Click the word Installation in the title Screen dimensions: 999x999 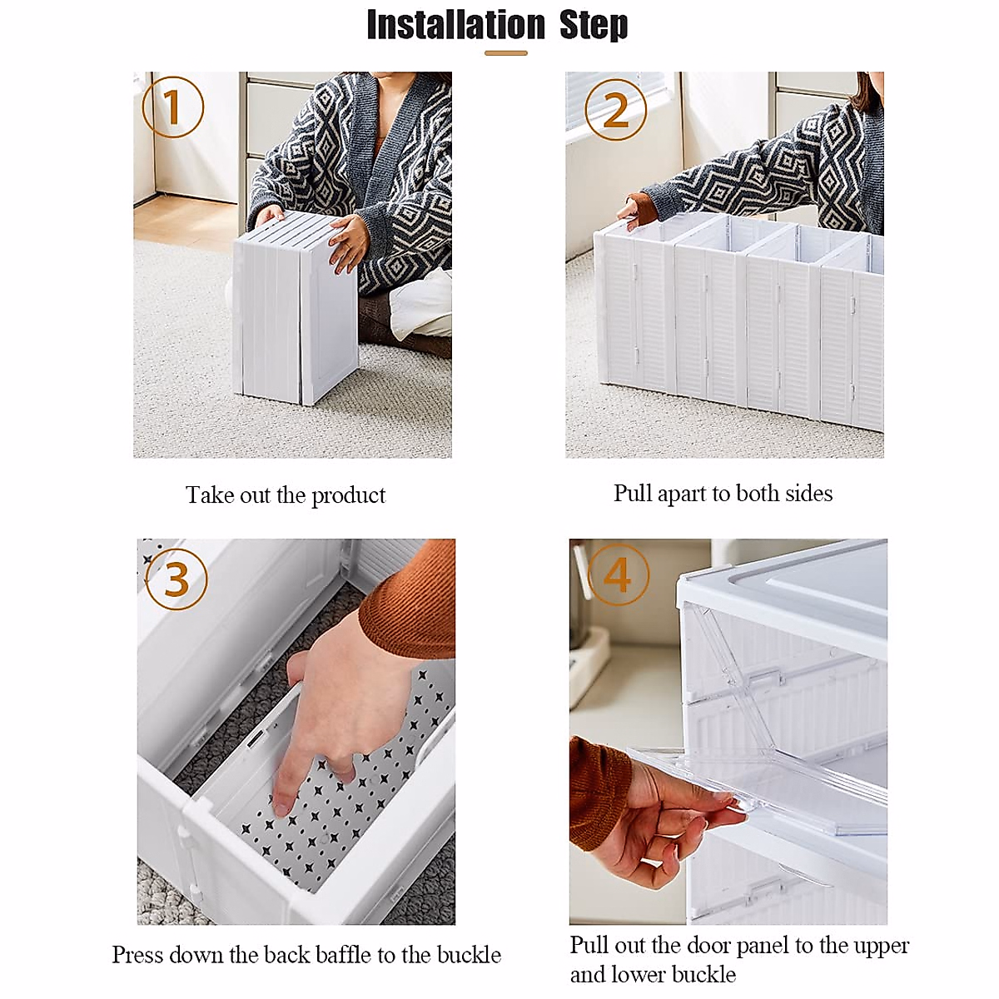click(x=455, y=25)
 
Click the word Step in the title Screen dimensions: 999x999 click(x=594, y=25)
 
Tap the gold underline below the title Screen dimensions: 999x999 click(x=506, y=53)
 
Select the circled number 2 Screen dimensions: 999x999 click(x=616, y=109)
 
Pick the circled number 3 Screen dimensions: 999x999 click(x=176, y=579)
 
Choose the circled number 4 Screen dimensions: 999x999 click(x=618, y=574)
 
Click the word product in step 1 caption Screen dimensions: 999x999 click(x=348, y=495)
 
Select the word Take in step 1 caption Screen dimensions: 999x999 click(x=210, y=495)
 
